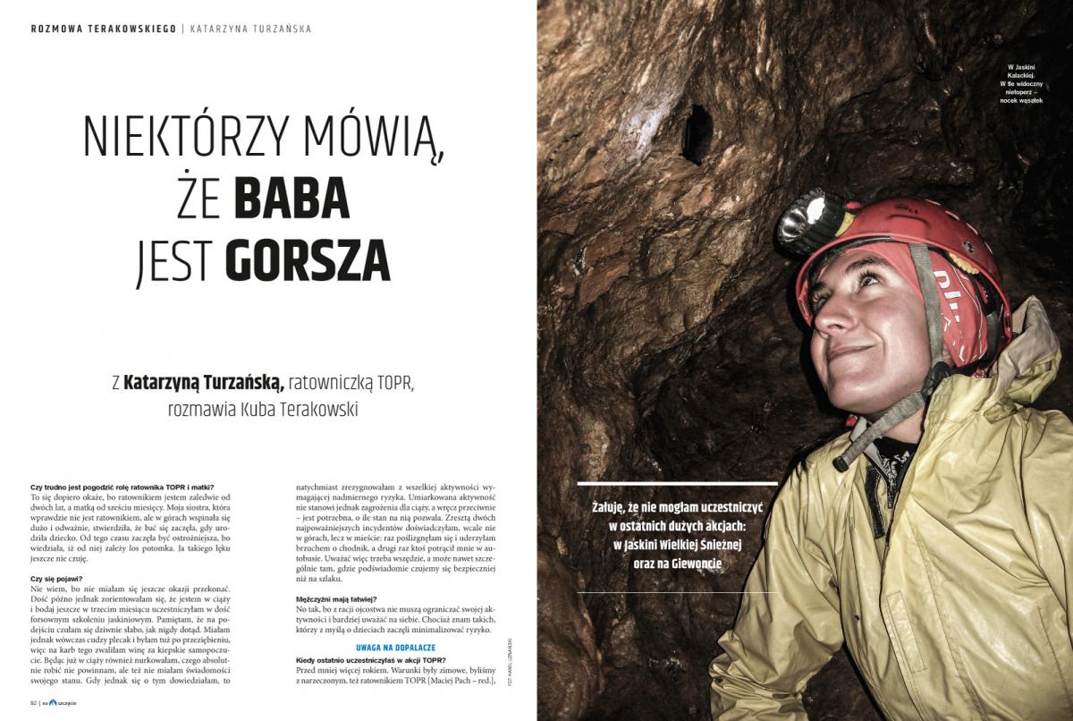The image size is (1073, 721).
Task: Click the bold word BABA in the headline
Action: point(292,200)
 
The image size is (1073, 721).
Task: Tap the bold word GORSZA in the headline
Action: point(308,260)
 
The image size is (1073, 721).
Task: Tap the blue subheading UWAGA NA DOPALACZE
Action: point(396,648)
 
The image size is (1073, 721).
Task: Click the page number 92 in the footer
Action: point(34,702)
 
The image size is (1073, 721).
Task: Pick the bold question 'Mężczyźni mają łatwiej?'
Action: point(336,598)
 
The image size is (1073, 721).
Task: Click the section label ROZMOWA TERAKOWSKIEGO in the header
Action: point(103,29)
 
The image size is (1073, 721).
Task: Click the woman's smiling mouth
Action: point(849,352)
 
